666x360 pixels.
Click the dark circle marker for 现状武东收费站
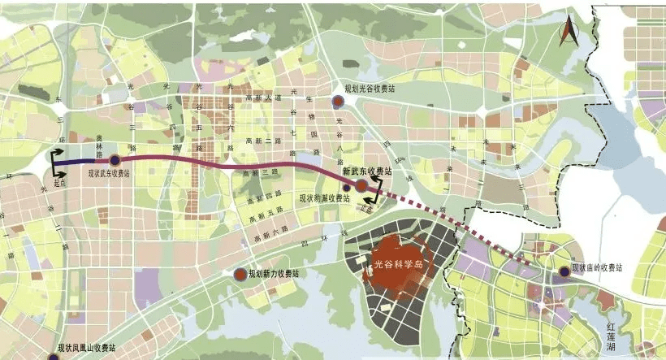pos(115,159)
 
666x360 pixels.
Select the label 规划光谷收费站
pos(369,89)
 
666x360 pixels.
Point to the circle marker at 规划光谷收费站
pos(338,101)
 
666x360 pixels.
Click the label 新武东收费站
pos(366,172)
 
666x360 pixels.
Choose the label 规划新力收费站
pos(274,275)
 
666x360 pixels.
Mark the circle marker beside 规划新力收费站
pos(240,275)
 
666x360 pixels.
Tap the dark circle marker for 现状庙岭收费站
pos(564,273)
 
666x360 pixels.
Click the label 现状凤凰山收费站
pos(86,348)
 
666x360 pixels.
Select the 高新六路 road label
pos(270,236)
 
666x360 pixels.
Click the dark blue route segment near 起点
pos(77,160)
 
